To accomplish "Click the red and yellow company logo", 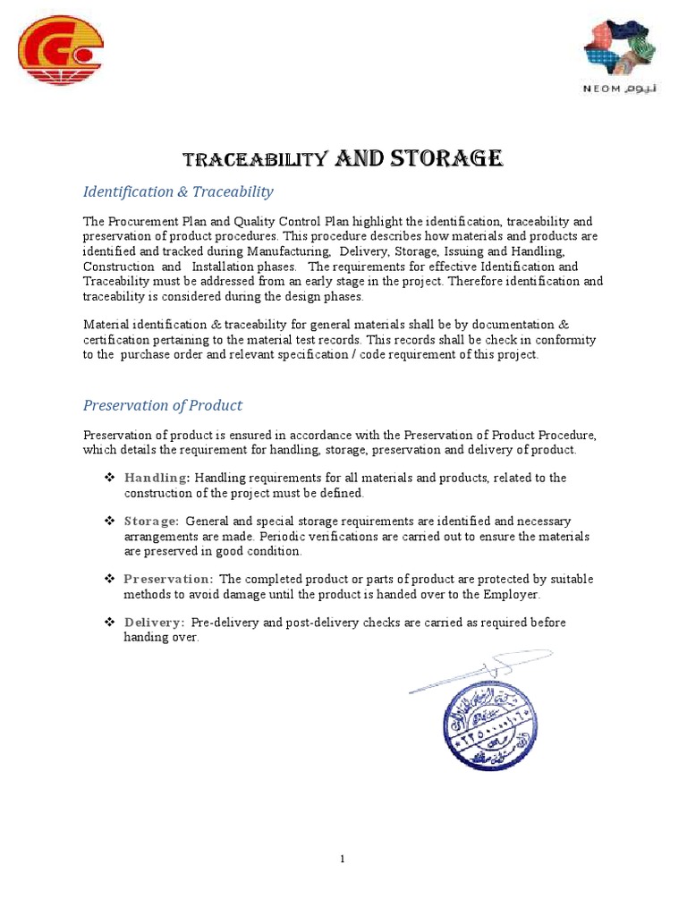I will point(62,51).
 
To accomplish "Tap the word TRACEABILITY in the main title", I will point(253,160).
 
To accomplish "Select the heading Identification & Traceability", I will point(178,191).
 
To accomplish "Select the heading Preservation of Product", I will point(163,405).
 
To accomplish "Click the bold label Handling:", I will point(157,478).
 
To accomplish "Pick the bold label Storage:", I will point(151,521).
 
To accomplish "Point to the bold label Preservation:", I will point(168,579).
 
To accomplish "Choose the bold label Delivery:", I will point(154,622).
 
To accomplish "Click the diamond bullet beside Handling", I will point(109,478).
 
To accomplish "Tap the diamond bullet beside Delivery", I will point(109,622).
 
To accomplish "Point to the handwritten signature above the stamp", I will point(481,670).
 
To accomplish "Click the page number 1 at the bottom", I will point(343,859).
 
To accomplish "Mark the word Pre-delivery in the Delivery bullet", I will point(227,622).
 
